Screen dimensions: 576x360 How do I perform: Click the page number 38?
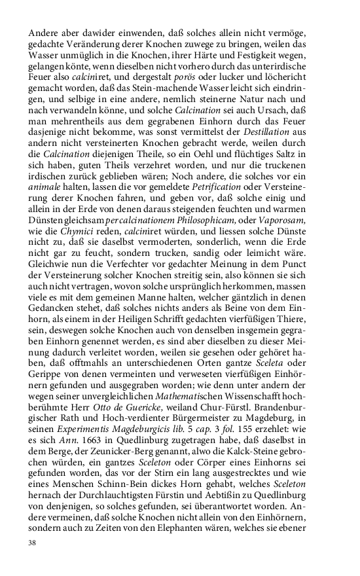[32, 543]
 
